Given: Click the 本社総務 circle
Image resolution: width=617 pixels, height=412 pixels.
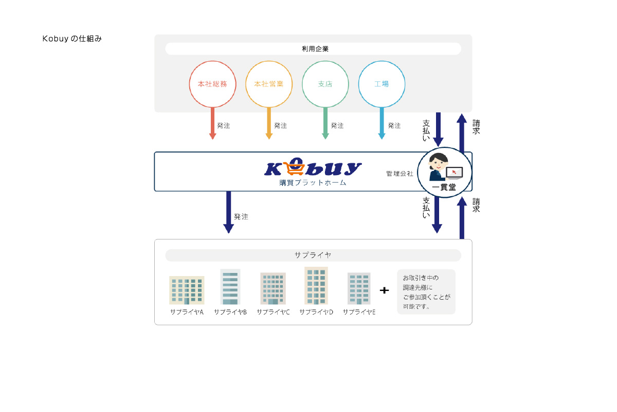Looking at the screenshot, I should [212, 84].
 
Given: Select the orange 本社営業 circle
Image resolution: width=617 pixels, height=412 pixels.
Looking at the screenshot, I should [269, 84].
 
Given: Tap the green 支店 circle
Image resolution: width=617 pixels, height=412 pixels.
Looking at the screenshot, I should [325, 84].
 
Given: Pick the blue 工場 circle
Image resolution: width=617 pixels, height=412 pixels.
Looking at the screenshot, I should [382, 84].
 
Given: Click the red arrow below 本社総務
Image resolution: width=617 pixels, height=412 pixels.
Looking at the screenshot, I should [212, 124].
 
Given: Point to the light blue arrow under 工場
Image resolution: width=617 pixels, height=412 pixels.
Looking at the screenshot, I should [382, 124].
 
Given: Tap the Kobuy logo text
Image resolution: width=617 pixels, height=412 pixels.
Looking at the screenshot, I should [313, 168].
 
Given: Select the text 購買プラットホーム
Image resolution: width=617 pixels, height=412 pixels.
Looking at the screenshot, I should [310, 183].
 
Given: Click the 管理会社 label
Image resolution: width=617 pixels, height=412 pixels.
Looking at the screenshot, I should [400, 174].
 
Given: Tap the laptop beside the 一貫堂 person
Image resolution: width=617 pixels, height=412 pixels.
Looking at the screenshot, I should [454, 173].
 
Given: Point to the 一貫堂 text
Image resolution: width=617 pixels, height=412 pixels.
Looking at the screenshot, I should [444, 187].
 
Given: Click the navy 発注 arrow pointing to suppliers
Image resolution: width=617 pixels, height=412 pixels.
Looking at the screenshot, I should [229, 212].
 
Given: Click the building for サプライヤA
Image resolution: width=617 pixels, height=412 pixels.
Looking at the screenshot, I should [187, 290].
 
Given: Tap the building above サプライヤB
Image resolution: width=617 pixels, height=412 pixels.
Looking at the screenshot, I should [230, 287].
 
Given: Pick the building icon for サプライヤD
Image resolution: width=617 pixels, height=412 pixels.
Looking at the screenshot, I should [316, 286].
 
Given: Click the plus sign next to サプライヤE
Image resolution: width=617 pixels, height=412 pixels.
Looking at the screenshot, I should [384, 290].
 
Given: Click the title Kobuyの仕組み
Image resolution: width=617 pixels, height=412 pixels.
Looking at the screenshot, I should [72, 39].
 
